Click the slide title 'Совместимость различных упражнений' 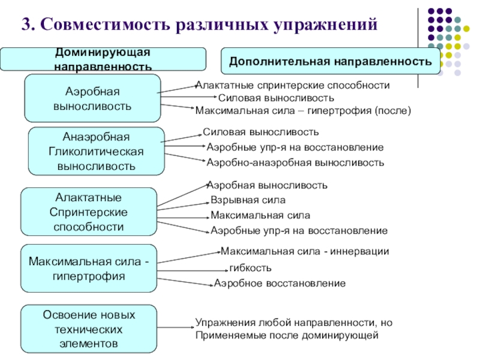click(x=209, y=25)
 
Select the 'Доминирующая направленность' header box click(x=103, y=59)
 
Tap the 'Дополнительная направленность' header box click(x=331, y=61)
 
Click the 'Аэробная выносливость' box click(x=92, y=98)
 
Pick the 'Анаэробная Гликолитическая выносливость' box click(x=96, y=151)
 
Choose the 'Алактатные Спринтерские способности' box click(x=89, y=212)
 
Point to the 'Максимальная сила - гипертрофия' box click(x=89, y=268)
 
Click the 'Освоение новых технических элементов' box click(x=89, y=329)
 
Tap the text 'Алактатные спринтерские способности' click(x=293, y=85)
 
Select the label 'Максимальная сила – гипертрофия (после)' click(x=303, y=110)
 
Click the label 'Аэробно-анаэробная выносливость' click(x=295, y=162)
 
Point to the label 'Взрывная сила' click(x=248, y=200)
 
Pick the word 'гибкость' click(x=250, y=268)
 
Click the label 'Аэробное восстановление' click(x=280, y=283)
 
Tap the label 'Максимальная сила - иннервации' click(x=305, y=251)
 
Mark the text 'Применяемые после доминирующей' click(x=287, y=335)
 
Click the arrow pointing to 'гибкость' click(x=193, y=271)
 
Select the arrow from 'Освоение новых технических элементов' click(x=176, y=327)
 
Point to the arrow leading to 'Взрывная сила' click(x=183, y=206)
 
